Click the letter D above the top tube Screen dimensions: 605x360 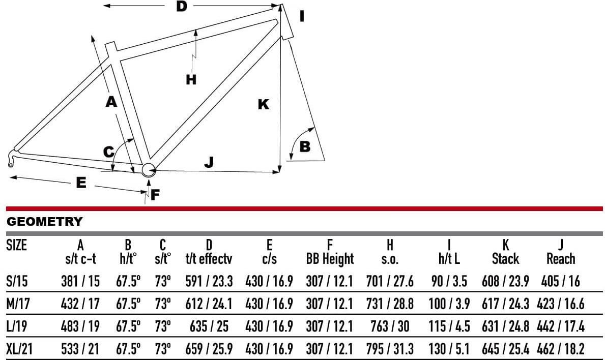181,6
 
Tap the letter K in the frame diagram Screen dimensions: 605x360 264,104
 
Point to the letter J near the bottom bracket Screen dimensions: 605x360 209,162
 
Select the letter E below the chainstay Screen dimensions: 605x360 81,183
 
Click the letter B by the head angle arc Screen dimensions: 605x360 305,146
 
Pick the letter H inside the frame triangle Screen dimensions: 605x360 191,79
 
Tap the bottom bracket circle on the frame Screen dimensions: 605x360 149,170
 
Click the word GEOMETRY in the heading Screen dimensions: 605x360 45,221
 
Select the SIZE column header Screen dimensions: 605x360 17,245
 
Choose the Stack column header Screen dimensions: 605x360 505,258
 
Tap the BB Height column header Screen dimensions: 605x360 330,259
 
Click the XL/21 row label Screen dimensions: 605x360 19,349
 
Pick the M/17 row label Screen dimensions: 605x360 18,304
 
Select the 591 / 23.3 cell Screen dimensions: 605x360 209,281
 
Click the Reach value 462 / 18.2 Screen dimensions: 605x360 561,349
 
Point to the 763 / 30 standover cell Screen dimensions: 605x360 390,326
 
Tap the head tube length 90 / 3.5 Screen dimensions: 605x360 449,281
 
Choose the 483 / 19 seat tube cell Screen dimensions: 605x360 80,326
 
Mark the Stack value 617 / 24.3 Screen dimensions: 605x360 505,304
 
